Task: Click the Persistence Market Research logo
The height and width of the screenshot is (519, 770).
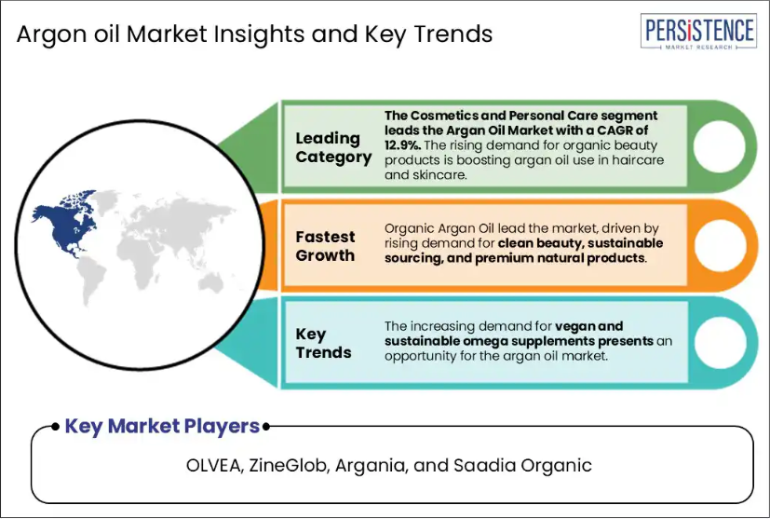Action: click(698, 32)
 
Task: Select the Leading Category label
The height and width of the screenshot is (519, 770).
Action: click(333, 147)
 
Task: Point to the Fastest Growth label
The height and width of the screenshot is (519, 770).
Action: click(325, 246)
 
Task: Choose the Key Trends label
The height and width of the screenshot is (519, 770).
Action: click(323, 343)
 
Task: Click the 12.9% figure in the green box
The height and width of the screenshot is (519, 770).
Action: click(403, 145)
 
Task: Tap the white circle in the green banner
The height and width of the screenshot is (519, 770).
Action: click(720, 146)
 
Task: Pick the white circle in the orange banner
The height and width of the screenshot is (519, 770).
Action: click(720, 245)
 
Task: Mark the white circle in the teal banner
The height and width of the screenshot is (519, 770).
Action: click(720, 343)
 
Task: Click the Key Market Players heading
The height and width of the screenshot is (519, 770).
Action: click(162, 426)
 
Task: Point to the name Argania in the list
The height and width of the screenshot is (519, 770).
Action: click(371, 465)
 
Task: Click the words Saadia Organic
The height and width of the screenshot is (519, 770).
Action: click(522, 465)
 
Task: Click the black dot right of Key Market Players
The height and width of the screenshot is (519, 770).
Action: click(265, 427)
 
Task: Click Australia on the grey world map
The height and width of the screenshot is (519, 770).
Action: click(211, 282)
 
